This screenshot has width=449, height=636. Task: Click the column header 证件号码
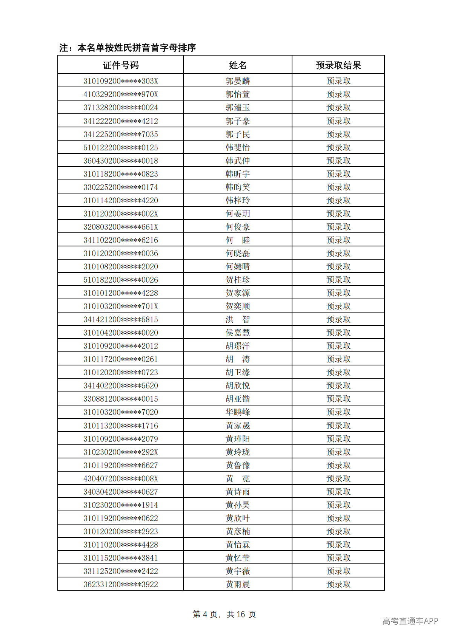(121, 65)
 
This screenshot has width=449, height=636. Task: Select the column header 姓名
(238, 65)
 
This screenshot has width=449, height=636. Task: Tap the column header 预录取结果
(338, 65)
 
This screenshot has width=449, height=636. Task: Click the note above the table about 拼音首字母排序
(128, 48)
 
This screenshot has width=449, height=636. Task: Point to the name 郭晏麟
(238, 81)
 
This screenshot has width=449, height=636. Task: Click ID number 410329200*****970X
(121, 94)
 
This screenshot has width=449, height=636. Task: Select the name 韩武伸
(238, 161)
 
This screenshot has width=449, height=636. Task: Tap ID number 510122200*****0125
(121, 147)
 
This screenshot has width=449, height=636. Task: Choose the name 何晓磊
(238, 253)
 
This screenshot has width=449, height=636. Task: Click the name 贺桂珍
(238, 280)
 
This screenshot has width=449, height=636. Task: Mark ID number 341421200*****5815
(121, 319)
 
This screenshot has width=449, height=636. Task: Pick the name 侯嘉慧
(238, 333)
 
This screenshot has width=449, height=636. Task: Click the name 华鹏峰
(238, 412)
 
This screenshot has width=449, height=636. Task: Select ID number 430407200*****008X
(121, 478)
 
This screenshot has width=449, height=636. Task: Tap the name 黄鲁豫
(238, 465)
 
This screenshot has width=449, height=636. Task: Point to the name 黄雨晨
(238, 584)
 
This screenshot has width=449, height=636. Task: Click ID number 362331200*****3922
(121, 584)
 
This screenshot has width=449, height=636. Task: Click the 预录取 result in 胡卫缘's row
(338, 372)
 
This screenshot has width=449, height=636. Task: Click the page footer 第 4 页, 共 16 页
(224, 614)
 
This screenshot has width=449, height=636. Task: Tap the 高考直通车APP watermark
(410, 621)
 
